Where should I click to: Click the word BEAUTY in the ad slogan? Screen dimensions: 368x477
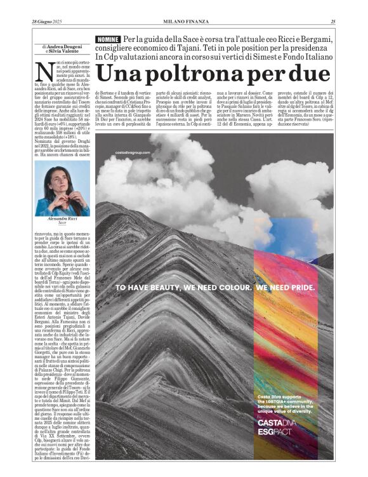tap(161, 286)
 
